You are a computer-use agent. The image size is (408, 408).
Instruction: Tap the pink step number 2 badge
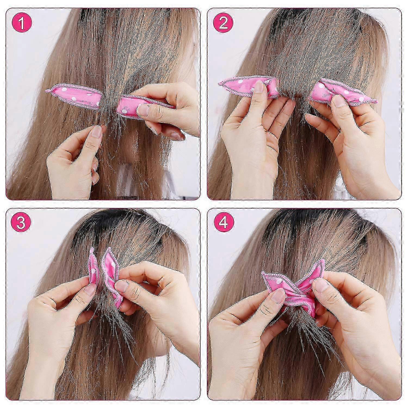223,23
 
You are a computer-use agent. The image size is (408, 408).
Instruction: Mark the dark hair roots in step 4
313,228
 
